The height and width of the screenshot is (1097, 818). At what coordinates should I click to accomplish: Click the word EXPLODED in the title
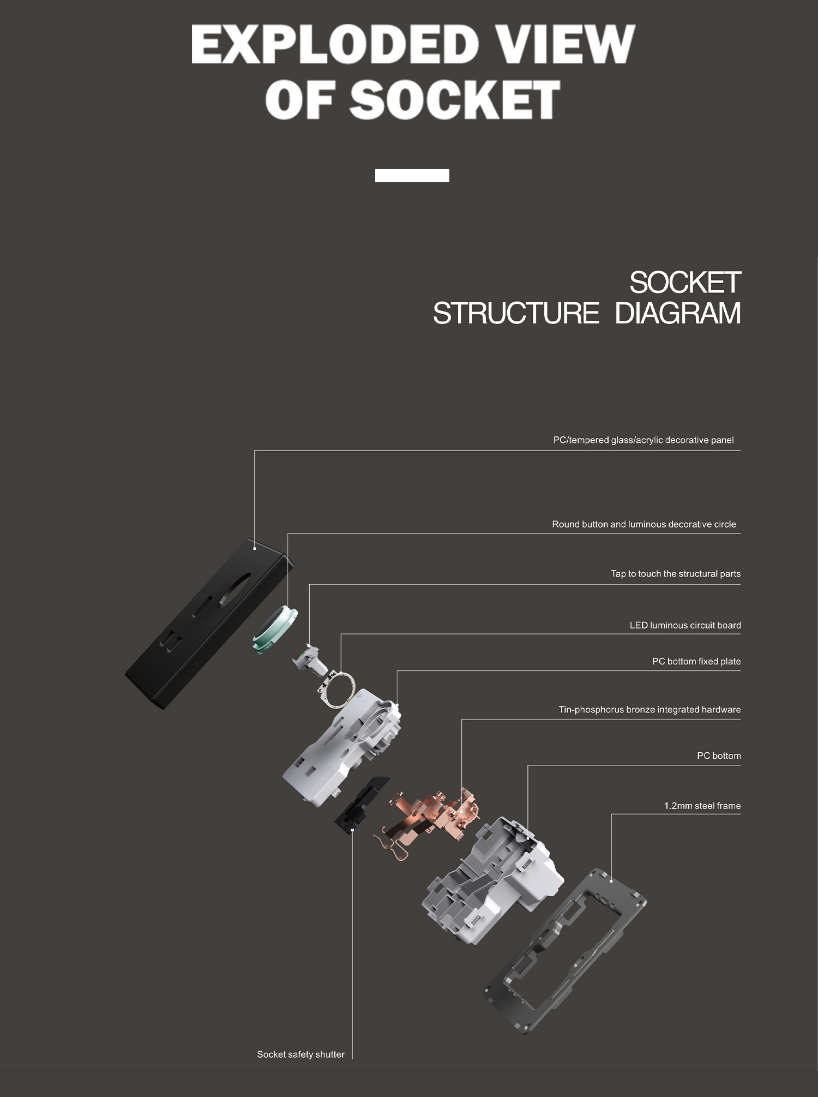click(335, 44)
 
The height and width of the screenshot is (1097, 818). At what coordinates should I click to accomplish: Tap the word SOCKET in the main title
click(455, 99)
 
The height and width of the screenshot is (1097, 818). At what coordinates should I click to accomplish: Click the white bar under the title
click(412, 176)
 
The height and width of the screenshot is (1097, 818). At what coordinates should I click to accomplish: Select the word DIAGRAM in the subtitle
click(678, 313)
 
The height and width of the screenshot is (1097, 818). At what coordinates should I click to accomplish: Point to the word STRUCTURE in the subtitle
click(516, 313)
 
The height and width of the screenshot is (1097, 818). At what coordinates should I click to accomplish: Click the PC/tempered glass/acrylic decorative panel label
click(643, 440)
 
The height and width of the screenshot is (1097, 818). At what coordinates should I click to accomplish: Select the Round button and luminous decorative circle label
click(644, 524)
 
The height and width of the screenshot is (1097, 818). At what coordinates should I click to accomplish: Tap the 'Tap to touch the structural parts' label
click(676, 574)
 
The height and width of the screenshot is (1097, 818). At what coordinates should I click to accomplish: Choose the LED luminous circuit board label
click(685, 625)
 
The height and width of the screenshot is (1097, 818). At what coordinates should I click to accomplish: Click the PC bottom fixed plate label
click(696, 661)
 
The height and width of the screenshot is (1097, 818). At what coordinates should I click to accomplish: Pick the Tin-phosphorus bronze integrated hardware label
click(649, 710)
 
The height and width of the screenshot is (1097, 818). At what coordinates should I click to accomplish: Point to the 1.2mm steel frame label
click(702, 806)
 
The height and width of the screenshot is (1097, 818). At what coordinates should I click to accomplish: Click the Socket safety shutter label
click(300, 1054)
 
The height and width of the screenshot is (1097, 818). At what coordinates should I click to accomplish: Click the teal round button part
click(275, 629)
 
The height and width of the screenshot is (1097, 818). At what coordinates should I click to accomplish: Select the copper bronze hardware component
click(431, 818)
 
